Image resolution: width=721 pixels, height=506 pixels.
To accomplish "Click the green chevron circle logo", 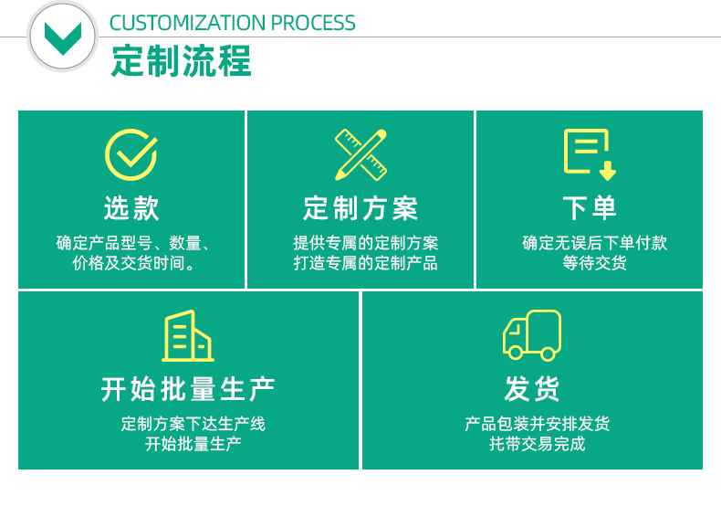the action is pyautogui.click(x=63, y=36).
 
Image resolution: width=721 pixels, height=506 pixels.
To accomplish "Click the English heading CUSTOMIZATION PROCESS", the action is pyautogui.click(x=232, y=23).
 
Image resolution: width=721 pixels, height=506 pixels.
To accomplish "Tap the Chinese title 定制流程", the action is pyautogui.click(x=182, y=60).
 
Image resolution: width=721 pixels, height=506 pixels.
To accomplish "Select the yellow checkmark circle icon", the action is pyautogui.click(x=131, y=154).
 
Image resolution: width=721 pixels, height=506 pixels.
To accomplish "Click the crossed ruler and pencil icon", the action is pyautogui.click(x=361, y=154).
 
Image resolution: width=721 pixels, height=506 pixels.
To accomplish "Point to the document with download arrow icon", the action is pyautogui.click(x=590, y=154).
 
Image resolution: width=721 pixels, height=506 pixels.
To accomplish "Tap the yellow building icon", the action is pyautogui.click(x=188, y=336).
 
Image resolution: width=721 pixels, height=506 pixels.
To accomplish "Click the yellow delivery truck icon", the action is pyautogui.click(x=532, y=335).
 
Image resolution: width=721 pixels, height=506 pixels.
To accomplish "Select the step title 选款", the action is pyautogui.click(x=131, y=208).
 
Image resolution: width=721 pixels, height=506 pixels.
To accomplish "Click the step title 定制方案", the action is pyautogui.click(x=360, y=208).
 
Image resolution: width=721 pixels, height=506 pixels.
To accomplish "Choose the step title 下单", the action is pyautogui.click(x=590, y=208).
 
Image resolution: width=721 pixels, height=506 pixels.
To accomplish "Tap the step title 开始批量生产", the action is pyautogui.click(x=188, y=389).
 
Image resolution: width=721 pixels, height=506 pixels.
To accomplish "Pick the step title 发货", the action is pyautogui.click(x=532, y=389).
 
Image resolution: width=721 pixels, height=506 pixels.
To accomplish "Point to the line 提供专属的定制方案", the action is pyautogui.click(x=366, y=243).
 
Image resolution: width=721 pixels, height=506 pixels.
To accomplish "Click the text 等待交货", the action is pyautogui.click(x=594, y=263).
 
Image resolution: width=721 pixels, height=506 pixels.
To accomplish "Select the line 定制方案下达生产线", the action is pyautogui.click(x=193, y=424).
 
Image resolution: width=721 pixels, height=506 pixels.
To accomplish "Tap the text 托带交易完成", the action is pyautogui.click(x=537, y=444).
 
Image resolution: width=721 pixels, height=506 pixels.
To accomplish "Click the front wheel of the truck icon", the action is pyautogui.click(x=516, y=353).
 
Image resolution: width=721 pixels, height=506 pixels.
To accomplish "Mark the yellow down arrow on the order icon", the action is pyautogui.click(x=608, y=171).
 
